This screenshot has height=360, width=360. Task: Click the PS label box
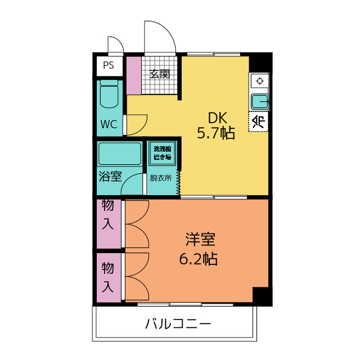[x=109, y=65]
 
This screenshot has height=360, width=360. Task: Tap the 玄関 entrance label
[x=160, y=74]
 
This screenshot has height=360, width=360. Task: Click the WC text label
[x=109, y=124]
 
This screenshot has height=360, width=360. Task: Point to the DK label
[x=217, y=118]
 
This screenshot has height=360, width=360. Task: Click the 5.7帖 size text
[x=215, y=133]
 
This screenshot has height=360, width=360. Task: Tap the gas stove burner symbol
[x=259, y=81]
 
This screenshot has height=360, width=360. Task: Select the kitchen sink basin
[x=259, y=102]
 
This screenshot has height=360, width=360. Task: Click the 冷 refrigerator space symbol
[x=259, y=121]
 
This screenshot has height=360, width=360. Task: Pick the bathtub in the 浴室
[x=120, y=153]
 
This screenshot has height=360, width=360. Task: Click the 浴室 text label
[x=110, y=177]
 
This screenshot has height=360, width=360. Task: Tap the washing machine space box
[x=163, y=153]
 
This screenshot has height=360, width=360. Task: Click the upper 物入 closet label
[x=108, y=215]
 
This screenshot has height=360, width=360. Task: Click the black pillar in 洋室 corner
[x=262, y=296]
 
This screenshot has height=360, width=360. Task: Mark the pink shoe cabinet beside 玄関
[x=134, y=75]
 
